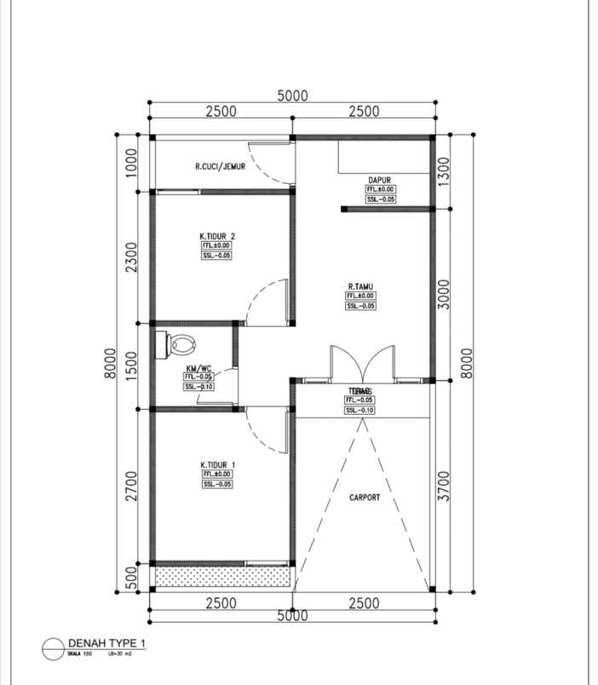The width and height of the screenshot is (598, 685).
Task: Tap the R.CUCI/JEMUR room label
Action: click(x=220, y=167)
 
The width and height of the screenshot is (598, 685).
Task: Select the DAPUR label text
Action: click(x=379, y=180)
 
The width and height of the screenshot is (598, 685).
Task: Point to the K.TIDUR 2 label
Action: click(x=217, y=236)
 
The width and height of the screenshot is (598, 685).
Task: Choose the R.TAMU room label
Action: click(x=361, y=287)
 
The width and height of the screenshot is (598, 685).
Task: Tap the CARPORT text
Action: click(x=364, y=498)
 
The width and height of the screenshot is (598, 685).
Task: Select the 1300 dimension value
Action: click(x=443, y=172)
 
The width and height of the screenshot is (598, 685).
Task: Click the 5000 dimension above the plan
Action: click(x=292, y=96)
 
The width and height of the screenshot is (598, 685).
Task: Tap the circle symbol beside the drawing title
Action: click(x=54, y=648)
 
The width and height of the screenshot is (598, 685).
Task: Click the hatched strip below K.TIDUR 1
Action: click(x=221, y=577)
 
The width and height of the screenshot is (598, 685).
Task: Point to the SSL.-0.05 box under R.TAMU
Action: click(x=360, y=305)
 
